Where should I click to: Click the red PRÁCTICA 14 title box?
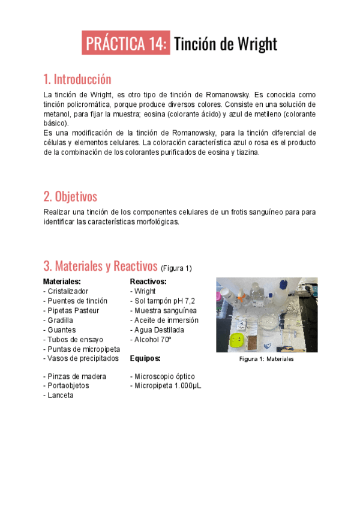coord(127,44)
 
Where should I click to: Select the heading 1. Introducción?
coord(77,79)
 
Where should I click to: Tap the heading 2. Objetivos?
coord(70,196)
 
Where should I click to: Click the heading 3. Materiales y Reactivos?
coord(100,266)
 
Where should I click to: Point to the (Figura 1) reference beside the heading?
coord(176,268)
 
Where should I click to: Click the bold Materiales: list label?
coord(62,281)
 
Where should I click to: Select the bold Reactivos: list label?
coord(148,281)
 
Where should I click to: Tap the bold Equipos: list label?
coord(145,358)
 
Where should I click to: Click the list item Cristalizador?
coord(68,291)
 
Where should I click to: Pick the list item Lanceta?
coord(60,396)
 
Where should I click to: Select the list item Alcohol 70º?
coord(152,340)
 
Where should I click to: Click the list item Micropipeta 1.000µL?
coord(166,386)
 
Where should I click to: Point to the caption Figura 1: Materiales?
coord(266,359)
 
